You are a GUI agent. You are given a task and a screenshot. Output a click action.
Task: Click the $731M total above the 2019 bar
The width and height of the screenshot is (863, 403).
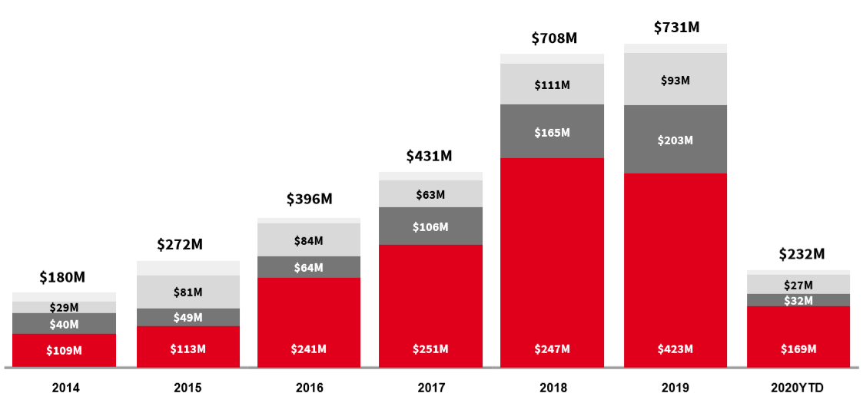[x=676, y=28]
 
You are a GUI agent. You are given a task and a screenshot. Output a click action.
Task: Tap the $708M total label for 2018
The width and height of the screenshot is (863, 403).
[x=553, y=38]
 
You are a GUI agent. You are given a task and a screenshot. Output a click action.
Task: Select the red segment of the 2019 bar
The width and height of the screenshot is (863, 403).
[x=676, y=269]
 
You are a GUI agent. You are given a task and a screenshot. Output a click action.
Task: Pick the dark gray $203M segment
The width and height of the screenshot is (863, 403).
[x=676, y=140]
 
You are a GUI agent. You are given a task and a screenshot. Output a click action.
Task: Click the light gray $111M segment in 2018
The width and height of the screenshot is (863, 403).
[x=552, y=84]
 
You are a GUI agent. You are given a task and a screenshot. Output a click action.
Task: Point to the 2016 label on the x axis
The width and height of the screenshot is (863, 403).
[x=309, y=388]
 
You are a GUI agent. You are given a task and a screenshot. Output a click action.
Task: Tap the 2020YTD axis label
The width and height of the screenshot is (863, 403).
[x=798, y=388]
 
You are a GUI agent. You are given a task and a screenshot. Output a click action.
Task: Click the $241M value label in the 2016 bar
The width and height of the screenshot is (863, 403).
[x=309, y=349]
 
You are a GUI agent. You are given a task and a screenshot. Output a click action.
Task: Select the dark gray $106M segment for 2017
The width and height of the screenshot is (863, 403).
[x=430, y=226]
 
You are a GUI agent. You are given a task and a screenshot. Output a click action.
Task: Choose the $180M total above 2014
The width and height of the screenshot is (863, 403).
[x=62, y=276]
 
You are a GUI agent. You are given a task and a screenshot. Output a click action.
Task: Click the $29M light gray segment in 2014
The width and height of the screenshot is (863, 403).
[x=65, y=307]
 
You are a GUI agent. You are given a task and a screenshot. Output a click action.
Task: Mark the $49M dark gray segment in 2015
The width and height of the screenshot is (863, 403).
[x=188, y=318]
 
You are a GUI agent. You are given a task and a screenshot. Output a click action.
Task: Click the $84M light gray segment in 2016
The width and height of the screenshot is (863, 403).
[x=309, y=240]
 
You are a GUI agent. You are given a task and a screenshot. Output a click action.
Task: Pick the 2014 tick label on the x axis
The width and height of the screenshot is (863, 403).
[x=65, y=388]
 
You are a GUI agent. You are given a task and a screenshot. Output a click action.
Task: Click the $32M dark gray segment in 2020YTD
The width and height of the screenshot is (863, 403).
[x=798, y=300]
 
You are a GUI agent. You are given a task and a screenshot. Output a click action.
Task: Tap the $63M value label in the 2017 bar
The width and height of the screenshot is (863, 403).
[x=430, y=194]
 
